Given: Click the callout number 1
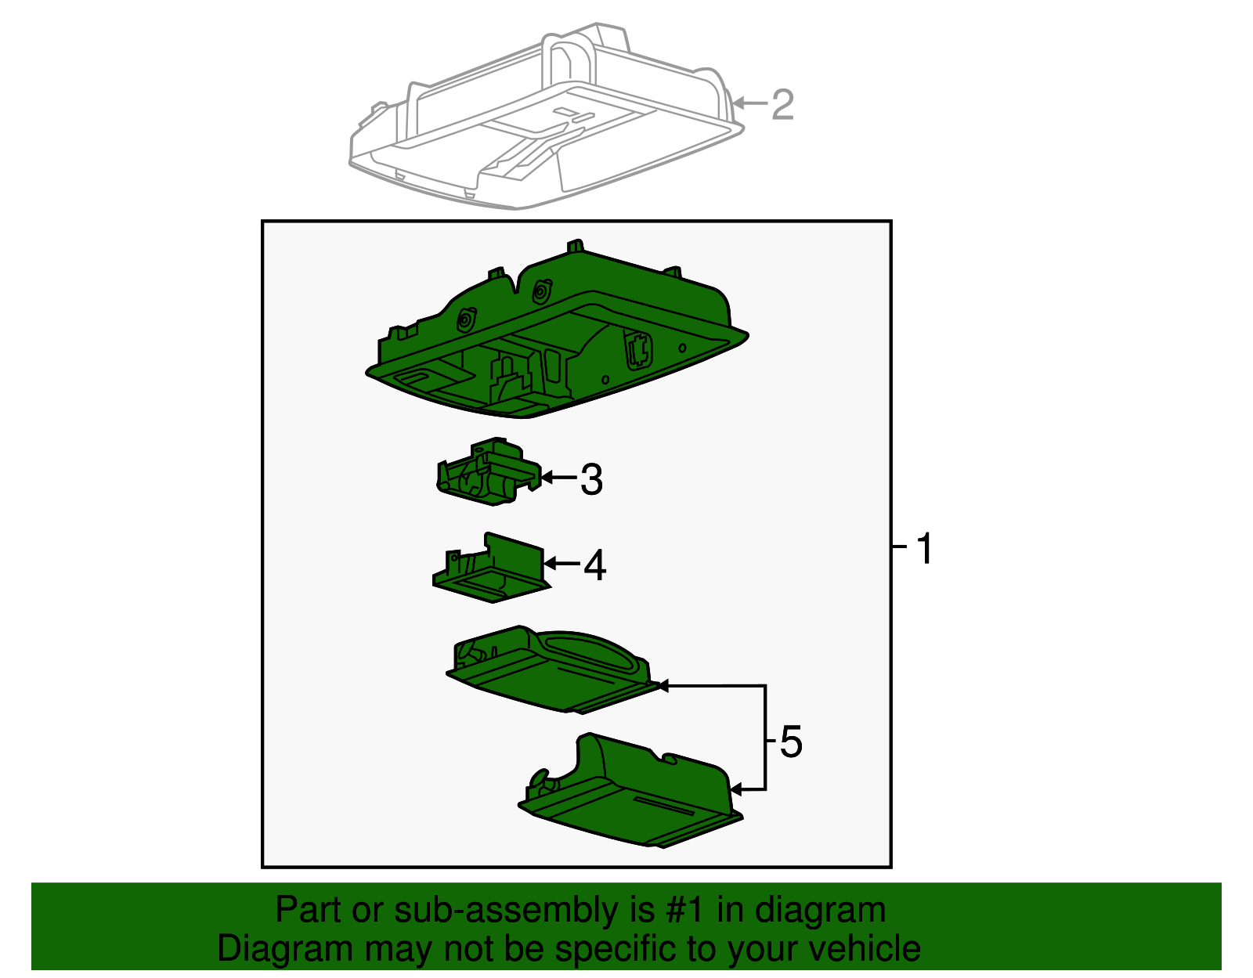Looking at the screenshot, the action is [x=924, y=548].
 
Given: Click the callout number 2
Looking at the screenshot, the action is [x=782, y=104].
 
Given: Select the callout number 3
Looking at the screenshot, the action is [x=591, y=479].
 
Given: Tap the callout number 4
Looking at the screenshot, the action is [x=595, y=565].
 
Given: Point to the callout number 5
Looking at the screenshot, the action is [x=790, y=742].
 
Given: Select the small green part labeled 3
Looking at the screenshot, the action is [x=489, y=471].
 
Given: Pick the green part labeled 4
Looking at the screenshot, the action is [x=490, y=568].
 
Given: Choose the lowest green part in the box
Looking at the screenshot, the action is [x=630, y=792].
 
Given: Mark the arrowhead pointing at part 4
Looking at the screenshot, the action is [x=550, y=563].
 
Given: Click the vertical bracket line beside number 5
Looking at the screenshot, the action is [x=765, y=738].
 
